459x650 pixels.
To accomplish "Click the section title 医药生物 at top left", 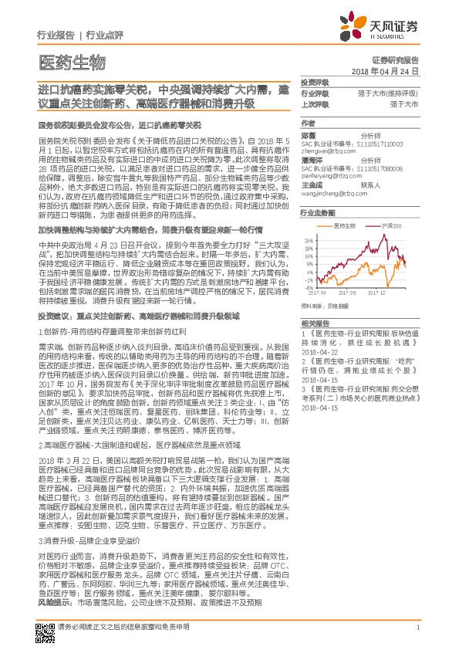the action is (x=70, y=62).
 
